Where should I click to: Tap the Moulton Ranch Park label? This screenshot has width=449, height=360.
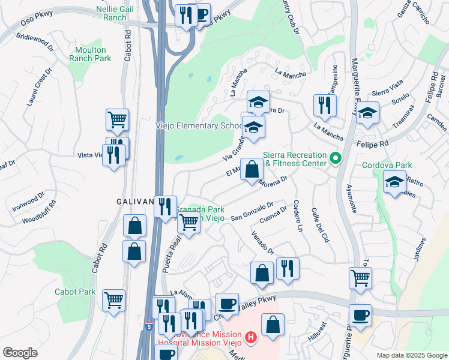[x=90, y=54]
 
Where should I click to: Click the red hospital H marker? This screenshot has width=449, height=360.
[x=251, y=338]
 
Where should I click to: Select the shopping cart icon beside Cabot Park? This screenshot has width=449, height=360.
[x=114, y=299]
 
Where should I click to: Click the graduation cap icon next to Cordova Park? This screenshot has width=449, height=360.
[x=394, y=183]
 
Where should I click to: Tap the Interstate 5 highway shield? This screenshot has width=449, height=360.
[x=148, y=326]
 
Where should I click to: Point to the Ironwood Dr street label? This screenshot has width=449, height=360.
[x=28, y=204]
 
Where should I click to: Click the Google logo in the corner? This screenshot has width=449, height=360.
[x=20, y=353]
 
